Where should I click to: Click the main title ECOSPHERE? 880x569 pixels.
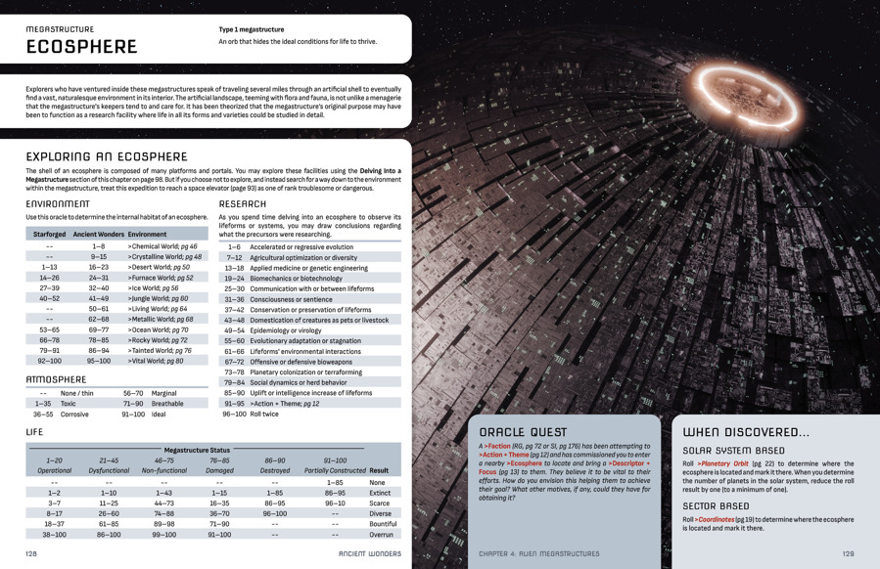81,47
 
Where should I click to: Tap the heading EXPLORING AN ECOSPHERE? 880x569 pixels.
107,156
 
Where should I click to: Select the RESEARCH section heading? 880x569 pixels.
243,204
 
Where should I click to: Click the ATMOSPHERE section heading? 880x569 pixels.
56,379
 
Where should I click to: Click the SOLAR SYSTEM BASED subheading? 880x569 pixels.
733,451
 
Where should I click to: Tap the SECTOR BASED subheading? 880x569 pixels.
716,506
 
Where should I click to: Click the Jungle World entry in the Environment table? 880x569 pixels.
158,298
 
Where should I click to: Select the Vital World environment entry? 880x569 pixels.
155,361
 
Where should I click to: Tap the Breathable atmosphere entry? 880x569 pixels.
167,403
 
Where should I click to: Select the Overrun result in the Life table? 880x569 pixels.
381,535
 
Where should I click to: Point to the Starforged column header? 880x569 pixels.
49,235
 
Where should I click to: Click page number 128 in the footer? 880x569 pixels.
31,553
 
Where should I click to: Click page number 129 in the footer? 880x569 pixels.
848,553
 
